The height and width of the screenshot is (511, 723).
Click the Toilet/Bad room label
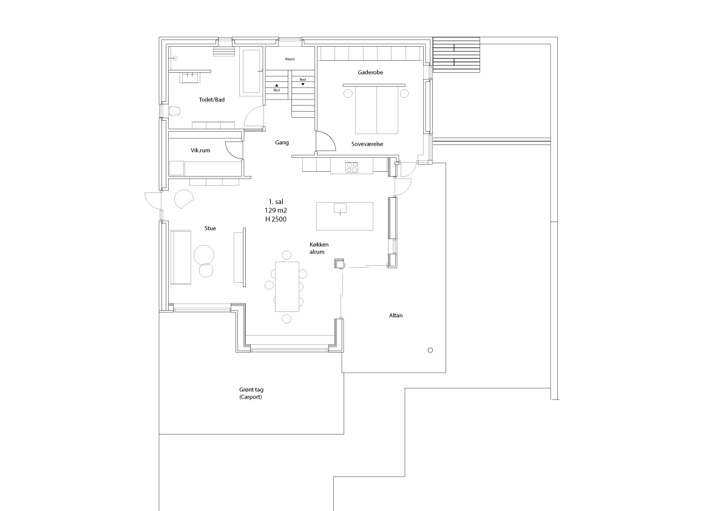(x=212, y=100)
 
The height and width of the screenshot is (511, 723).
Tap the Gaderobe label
(x=370, y=72)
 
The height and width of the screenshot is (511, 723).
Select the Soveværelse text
(x=367, y=144)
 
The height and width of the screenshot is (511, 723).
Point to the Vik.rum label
(x=200, y=151)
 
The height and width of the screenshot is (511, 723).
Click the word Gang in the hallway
(x=282, y=143)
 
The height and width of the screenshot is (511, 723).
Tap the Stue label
(x=210, y=228)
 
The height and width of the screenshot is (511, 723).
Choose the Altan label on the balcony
(x=396, y=315)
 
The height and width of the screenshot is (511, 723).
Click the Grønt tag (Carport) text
(x=251, y=393)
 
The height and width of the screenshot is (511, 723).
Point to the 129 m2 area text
(x=276, y=210)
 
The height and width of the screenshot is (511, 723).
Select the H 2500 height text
(x=276, y=219)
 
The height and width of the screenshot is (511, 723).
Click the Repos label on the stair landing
(x=290, y=59)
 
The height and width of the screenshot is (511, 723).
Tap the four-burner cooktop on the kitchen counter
(x=352, y=167)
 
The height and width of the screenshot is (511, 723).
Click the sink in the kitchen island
(x=341, y=208)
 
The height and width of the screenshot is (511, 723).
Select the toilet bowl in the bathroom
(x=174, y=111)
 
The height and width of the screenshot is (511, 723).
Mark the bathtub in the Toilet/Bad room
(x=251, y=70)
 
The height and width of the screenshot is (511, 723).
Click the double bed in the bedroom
(x=376, y=110)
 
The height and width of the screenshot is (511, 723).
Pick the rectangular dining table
(x=287, y=286)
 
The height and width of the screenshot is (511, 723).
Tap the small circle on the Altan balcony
(x=430, y=350)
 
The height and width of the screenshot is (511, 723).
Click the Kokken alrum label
(x=319, y=248)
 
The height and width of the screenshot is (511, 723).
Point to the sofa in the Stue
(x=181, y=257)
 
